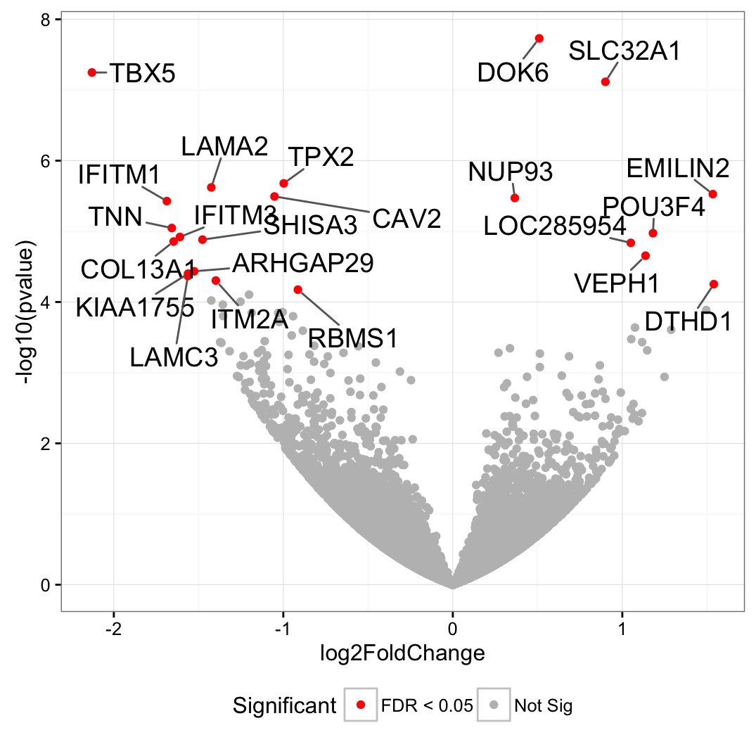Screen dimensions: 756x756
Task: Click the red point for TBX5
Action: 92,72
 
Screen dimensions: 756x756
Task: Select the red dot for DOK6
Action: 539,38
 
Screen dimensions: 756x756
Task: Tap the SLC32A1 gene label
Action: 624,51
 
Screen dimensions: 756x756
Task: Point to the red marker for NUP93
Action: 515,198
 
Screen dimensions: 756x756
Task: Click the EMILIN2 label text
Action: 678,169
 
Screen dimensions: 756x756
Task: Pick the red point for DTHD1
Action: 714,284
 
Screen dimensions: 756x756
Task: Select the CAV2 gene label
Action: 406,219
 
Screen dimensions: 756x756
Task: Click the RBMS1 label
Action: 353,339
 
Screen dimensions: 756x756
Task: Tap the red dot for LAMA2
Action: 211,187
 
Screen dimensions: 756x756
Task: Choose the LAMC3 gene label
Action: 174,357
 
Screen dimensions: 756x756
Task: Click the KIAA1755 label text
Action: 135,307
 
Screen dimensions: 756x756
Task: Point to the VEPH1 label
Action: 617,283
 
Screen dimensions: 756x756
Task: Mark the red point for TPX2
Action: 284,184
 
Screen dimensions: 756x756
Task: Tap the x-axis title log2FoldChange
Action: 402,653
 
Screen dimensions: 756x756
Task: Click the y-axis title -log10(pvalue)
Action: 28,314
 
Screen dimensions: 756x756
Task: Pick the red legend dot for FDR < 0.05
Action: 361,705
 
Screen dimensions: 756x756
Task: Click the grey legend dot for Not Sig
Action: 494,705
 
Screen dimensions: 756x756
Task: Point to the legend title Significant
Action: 285,705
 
